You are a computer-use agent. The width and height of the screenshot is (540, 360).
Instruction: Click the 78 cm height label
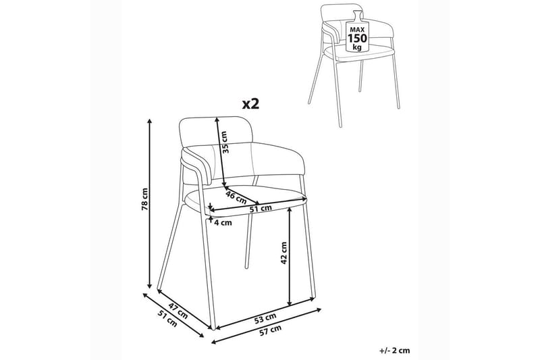tap(144, 200)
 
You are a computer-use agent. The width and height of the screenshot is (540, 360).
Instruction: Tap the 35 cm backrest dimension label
tap(225, 143)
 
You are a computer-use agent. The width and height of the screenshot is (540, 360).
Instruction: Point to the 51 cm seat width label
tap(261, 209)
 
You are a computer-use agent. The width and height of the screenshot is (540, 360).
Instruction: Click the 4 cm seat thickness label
tap(223, 222)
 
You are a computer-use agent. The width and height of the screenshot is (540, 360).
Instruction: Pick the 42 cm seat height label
tap(283, 253)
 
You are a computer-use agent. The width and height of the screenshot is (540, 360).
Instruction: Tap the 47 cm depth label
tap(178, 311)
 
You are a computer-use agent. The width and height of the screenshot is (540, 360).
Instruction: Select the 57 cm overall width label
tap(270, 330)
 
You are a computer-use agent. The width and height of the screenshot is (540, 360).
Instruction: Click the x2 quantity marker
tap(250, 103)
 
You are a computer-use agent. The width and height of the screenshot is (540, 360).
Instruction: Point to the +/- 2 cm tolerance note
tap(395, 351)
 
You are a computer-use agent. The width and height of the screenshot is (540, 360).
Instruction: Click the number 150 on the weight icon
tap(358, 38)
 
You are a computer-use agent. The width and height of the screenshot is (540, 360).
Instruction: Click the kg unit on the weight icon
tap(358, 47)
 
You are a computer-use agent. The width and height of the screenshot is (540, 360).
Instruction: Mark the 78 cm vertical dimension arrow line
tap(149, 203)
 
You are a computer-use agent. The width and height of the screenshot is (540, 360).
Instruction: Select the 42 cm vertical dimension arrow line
tap(290, 256)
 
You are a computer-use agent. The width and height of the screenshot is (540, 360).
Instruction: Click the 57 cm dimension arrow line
tap(267, 326)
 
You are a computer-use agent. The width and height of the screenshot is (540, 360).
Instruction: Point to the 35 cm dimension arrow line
tap(221, 153)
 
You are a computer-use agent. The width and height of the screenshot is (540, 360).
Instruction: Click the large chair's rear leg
tap(250, 222)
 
